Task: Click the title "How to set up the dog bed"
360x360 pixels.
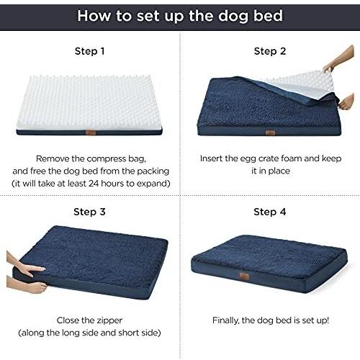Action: point(180,16)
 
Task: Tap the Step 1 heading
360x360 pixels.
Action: point(89,51)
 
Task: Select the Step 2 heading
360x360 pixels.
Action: point(270,51)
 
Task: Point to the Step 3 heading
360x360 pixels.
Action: point(89,212)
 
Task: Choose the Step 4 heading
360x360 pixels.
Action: point(270,212)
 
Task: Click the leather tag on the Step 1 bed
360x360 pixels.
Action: point(91,132)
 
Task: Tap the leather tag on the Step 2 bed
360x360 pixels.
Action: point(271,132)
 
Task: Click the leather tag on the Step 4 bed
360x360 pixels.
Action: point(244,276)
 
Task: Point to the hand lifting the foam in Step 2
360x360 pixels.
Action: point(339,60)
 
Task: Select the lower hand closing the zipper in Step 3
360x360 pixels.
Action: point(27,285)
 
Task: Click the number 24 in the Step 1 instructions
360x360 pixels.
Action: point(94,184)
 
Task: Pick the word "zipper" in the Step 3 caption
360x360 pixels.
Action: point(109,321)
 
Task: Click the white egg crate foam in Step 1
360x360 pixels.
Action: point(89,103)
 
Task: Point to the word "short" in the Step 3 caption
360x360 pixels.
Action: point(128,333)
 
